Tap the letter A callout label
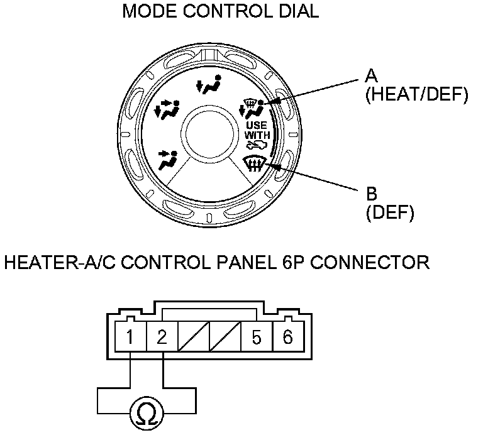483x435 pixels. coord(371,77)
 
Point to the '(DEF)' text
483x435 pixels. coord(389,213)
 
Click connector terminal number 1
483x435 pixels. coord(130,338)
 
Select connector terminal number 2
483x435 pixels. coord(162,338)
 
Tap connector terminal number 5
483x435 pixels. coord(256,338)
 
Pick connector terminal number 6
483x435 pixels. coord(287,338)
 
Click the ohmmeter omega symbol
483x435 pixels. coord(146,415)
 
